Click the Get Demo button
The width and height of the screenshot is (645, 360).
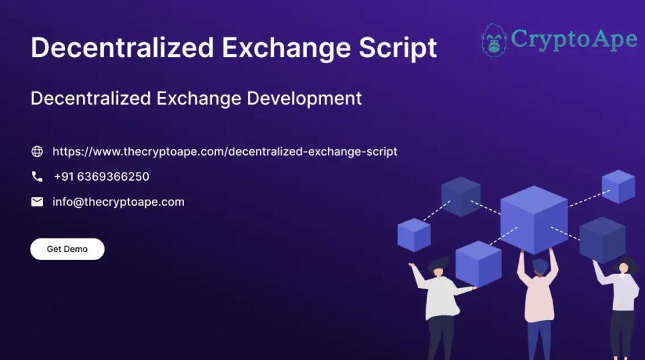click(x=67, y=249)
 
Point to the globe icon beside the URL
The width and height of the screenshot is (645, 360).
click(x=37, y=151)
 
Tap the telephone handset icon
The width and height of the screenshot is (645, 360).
click(x=37, y=177)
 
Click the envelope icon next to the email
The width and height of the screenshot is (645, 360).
click(x=37, y=202)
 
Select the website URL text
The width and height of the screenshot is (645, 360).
click(x=225, y=151)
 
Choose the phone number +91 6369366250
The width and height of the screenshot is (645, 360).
click(x=101, y=177)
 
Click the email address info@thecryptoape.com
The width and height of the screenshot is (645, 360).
click(x=118, y=202)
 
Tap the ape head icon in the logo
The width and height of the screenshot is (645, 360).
click(x=494, y=40)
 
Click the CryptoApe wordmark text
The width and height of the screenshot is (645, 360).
click(x=574, y=39)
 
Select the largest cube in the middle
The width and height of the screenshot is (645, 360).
click(x=534, y=219)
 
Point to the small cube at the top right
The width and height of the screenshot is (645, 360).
click(x=618, y=186)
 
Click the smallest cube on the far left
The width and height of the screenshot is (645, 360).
click(x=413, y=234)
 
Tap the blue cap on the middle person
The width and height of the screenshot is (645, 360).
click(x=540, y=264)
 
